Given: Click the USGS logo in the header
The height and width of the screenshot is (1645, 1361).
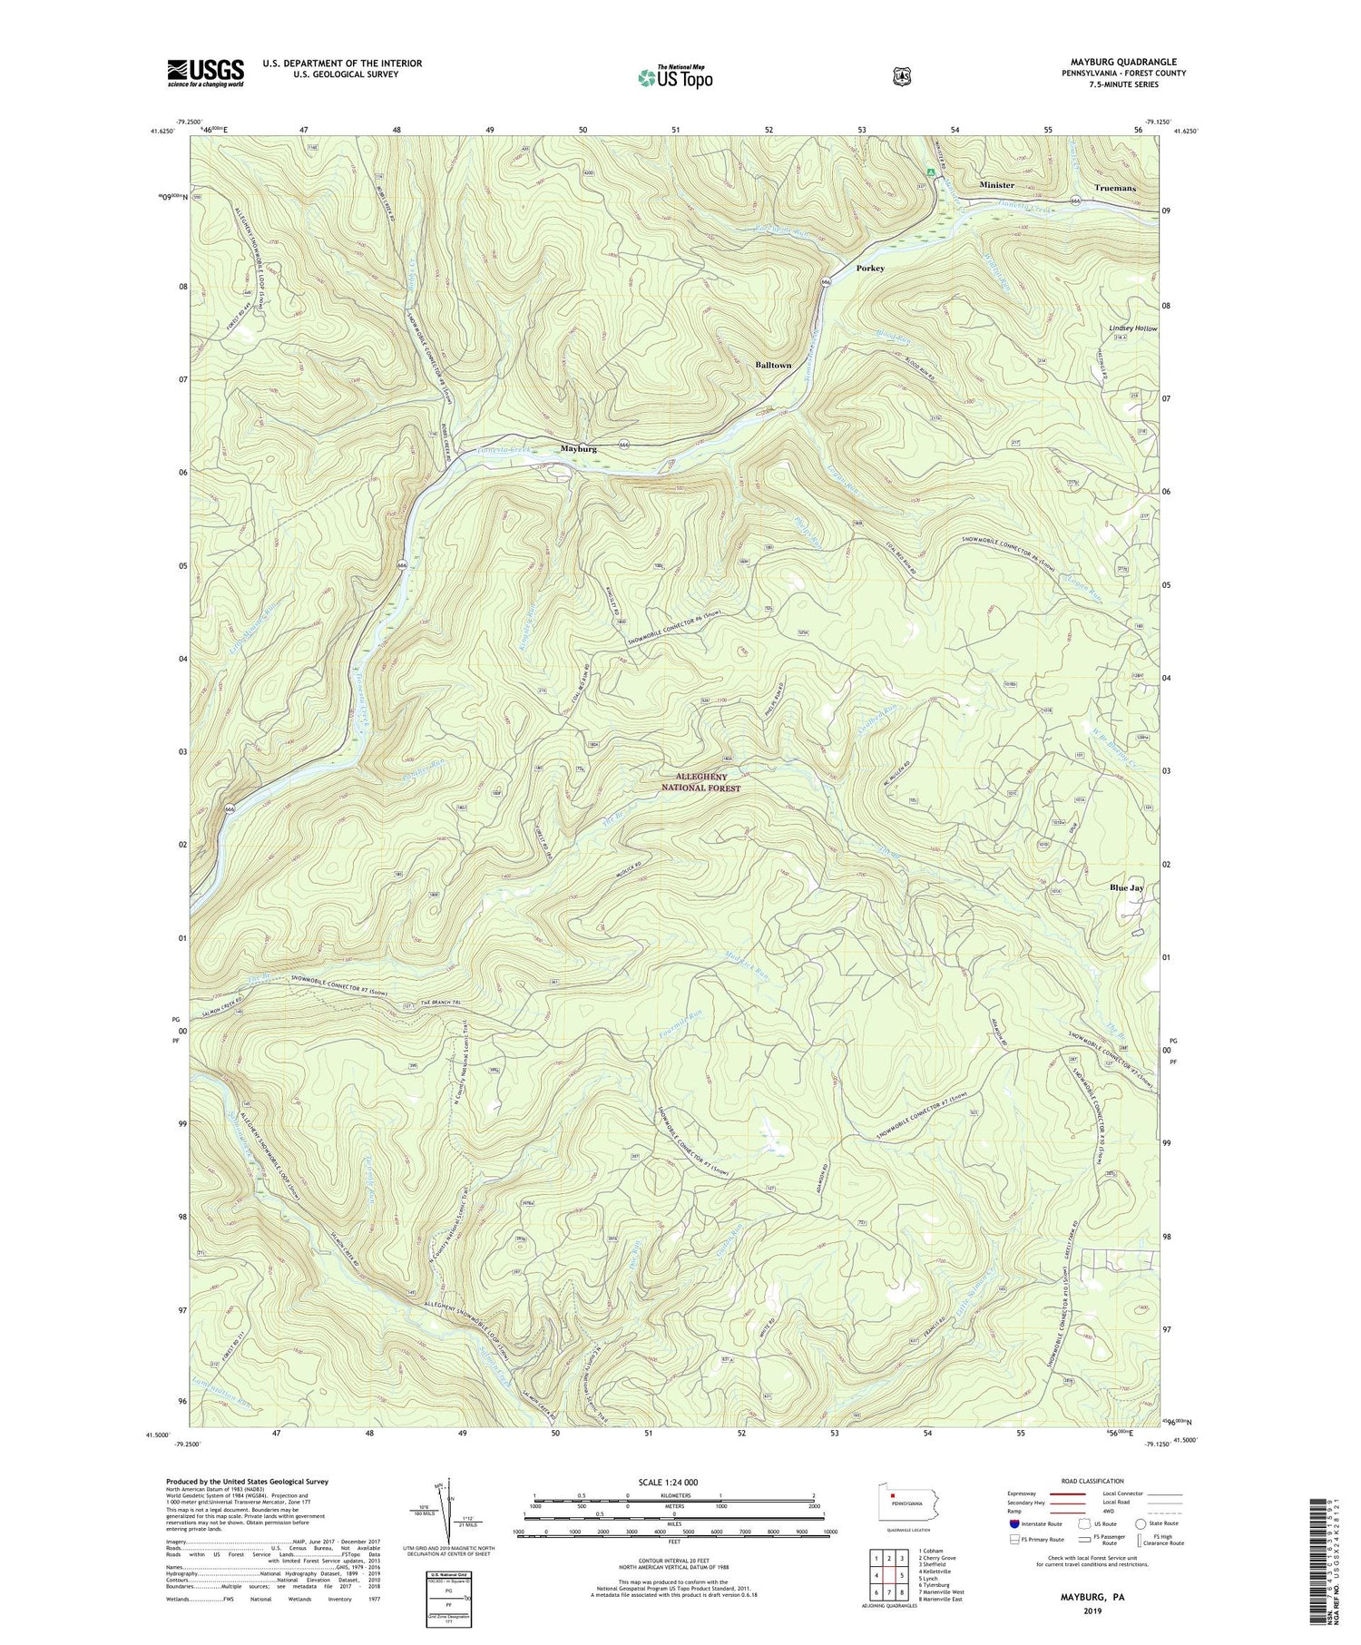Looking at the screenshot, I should point(205,73).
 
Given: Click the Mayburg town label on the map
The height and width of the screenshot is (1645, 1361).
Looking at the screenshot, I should point(578,449).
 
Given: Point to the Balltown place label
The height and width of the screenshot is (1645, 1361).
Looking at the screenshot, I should point(773,365).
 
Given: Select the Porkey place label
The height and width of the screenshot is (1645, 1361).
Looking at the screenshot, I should point(869,269).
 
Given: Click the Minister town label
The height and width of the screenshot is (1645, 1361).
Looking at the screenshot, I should point(996,185).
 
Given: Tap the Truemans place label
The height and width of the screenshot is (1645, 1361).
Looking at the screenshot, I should point(1114,188).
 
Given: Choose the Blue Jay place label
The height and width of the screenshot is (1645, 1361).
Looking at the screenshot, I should point(1126,887).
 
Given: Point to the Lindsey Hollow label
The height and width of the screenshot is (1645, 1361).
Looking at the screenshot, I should point(1133,328).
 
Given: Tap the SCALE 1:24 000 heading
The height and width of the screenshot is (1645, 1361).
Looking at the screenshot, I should point(671,1482).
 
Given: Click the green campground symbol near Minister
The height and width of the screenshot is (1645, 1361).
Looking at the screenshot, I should point(929,171).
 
